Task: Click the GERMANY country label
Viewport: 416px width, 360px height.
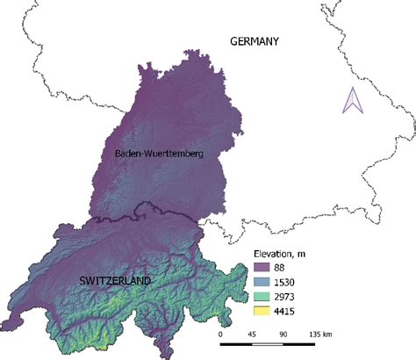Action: click(x=254, y=41)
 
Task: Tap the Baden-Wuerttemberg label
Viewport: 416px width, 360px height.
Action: click(x=158, y=155)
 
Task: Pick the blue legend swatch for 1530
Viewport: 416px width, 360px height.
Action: click(x=258, y=284)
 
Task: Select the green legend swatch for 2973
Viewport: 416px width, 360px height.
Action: click(x=258, y=297)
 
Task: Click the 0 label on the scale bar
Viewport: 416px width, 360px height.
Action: click(x=220, y=335)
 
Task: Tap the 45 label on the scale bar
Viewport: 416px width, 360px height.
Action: click(x=251, y=335)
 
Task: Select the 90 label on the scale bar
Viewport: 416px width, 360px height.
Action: click(x=283, y=335)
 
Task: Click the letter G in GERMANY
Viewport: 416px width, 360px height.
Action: click(x=233, y=41)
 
